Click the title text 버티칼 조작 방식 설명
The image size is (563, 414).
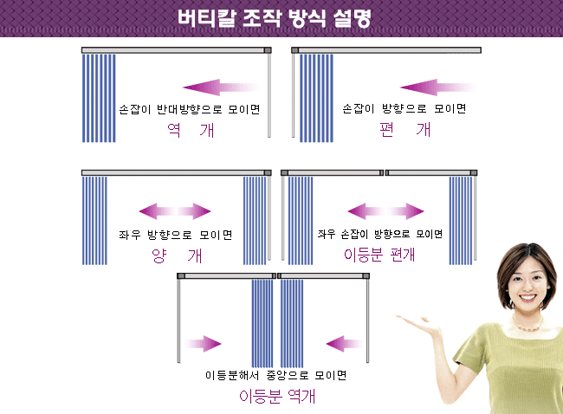[x=274, y=18]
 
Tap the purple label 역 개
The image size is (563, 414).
[x=191, y=130]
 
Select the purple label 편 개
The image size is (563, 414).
[x=405, y=130]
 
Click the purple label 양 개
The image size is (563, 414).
[x=177, y=256]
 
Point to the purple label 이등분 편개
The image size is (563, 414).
[x=379, y=255]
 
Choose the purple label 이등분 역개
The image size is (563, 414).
[x=277, y=397]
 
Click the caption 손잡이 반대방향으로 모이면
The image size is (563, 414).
[x=190, y=109]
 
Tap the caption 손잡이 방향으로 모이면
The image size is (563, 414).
[x=404, y=108]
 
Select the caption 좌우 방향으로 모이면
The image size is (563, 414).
[x=176, y=235]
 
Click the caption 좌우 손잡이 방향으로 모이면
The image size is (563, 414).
[x=380, y=234]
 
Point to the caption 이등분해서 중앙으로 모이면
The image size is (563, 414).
[x=275, y=375]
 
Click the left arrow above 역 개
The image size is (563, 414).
[x=221, y=87]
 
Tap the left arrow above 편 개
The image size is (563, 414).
[x=438, y=87]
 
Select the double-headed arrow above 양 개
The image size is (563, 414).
[x=175, y=211]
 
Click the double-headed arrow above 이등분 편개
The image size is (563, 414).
[x=386, y=211]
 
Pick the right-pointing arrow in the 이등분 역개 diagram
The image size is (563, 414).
[x=203, y=344]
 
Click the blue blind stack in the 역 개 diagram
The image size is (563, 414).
[x=99, y=98]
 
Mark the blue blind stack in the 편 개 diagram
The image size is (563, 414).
[x=316, y=98]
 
